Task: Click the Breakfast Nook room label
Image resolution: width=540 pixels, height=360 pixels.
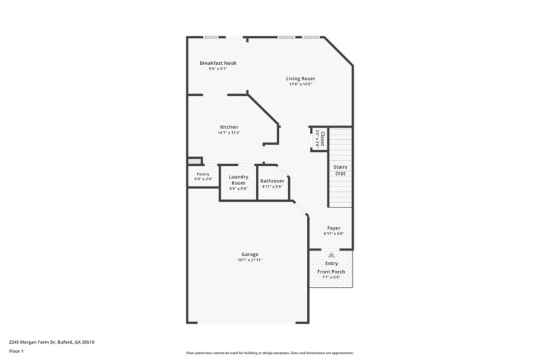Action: pos(217,63)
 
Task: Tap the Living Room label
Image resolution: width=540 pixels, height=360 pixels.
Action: pos(300,78)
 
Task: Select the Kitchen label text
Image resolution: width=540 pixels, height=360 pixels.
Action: pos(229,127)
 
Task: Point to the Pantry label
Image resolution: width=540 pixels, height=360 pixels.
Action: pos(202,174)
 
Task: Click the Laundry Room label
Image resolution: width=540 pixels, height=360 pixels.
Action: pos(238,180)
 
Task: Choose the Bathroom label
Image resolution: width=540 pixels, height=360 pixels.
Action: pos(272,180)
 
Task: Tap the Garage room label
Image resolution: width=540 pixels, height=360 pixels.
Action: pos(249,254)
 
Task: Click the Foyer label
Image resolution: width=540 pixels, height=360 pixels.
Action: pos(333,228)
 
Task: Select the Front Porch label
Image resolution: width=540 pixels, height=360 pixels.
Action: pos(331,272)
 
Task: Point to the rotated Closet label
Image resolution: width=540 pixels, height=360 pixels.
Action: pos(323,138)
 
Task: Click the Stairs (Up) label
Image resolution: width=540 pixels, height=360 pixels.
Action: pos(340,170)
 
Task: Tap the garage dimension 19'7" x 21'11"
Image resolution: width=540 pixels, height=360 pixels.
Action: pos(249,260)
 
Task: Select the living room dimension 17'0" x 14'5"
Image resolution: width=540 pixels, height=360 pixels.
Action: pos(300,84)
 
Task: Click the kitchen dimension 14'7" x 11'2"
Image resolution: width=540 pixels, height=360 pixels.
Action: pos(229,133)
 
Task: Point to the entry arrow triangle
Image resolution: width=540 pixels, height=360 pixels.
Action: pos(331,255)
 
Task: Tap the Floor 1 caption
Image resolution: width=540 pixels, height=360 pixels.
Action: pos(16,352)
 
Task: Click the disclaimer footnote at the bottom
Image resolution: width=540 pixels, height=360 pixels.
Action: pos(269,353)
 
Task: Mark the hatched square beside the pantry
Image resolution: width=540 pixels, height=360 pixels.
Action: pos(194,161)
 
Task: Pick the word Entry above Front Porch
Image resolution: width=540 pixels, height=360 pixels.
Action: pos(331,263)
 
